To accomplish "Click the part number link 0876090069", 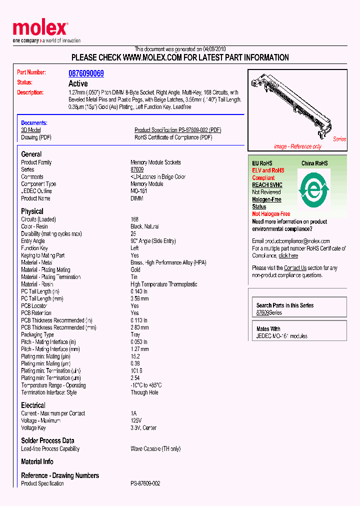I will pyautogui.click(x=86, y=73).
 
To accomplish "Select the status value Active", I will pyautogui.click(x=78, y=83).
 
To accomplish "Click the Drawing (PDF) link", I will pyautogui.click(x=36, y=137).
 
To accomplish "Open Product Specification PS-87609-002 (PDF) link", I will pyautogui.click(x=177, y=130).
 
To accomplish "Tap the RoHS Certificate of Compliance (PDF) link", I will pyautogui.click(x=173, y=137).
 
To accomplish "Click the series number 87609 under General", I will pyautogui.click(x=137, y=169).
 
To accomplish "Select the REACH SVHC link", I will pyautogui.click(x=267, y=185).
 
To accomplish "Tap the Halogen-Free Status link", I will pyautogui.click(x=266, y=203).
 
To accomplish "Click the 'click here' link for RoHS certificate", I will pyautogui.click(x=288, y=255).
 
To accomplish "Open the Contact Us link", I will pyautogui.click(x=295, y=268).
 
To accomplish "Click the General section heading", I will pyautogui.click(x=31, y=154).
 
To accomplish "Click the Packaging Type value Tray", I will pyautogui.click(x=135, y=335).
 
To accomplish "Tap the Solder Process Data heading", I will pyautogui.click(x=47, y=440).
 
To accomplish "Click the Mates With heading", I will pyautogui.click(x=268, y=329).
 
